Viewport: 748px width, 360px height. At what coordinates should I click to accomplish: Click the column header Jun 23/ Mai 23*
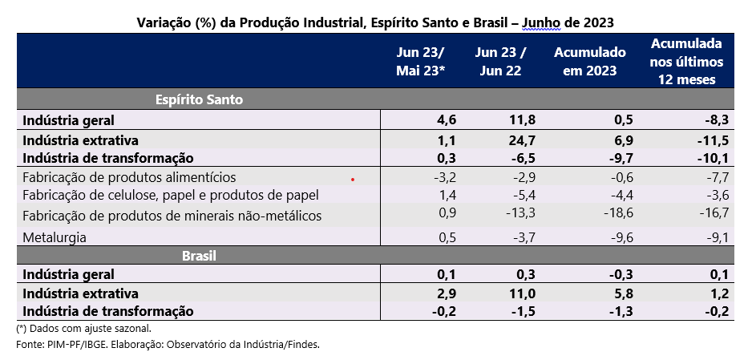click(420, 61)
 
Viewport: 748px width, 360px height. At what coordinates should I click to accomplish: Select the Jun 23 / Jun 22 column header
click(500, 61)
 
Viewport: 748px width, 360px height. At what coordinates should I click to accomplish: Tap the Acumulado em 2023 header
click(589, 61)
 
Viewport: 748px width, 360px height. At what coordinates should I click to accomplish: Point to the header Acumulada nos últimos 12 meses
click(686, 61)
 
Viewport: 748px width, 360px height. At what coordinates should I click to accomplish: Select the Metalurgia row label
click(55, 237)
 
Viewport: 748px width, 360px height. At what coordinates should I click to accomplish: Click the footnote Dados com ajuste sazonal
click(84, 328)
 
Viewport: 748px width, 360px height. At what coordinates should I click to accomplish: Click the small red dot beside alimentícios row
click(352, 180)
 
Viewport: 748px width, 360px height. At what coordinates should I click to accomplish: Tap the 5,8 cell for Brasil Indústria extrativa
click(622, 293)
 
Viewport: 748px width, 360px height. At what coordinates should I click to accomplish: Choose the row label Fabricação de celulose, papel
click(171, 195)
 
